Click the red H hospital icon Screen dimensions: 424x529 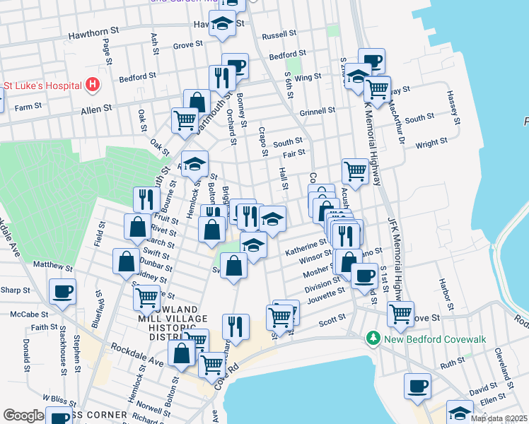pos(92,86)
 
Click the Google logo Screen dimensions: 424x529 pos(23,416)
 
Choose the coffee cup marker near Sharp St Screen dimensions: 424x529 pos(62,292)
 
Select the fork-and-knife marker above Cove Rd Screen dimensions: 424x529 pos(236,326)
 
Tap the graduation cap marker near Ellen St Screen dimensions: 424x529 pos(460,412)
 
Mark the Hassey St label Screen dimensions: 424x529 pos(453,107)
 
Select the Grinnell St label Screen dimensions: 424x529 pos(317,112)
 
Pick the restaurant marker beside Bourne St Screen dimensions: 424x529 pos(146,199)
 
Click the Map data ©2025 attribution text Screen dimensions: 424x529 pos(499,418)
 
